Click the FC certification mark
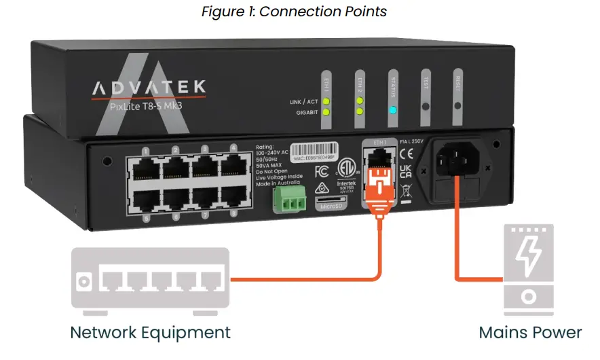(322, 170)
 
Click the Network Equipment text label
(151, 332)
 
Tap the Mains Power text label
(529, 332)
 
